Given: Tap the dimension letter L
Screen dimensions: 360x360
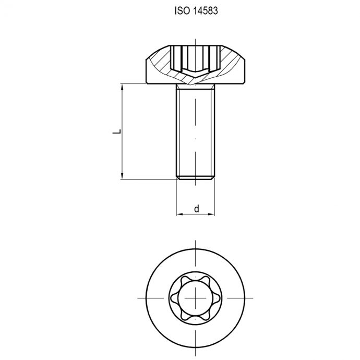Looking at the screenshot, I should pyautogui.click(x=117, y=131).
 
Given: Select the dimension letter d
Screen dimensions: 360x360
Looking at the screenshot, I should pyautogui.click(x=196, y=209).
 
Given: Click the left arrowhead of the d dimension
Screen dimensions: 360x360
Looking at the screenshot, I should pyautogui.click(x=178, y=214).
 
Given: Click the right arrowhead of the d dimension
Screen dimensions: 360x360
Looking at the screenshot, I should pyautogui.click(x=212, y=214).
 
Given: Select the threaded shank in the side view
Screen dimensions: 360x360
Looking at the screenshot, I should pyautogui.click(x=195, y=130).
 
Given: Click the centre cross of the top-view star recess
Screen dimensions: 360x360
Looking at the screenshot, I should pyautogui.click(x=195, y=296).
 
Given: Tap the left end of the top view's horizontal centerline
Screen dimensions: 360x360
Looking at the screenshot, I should pyautogui.click(x=139, y=296).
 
